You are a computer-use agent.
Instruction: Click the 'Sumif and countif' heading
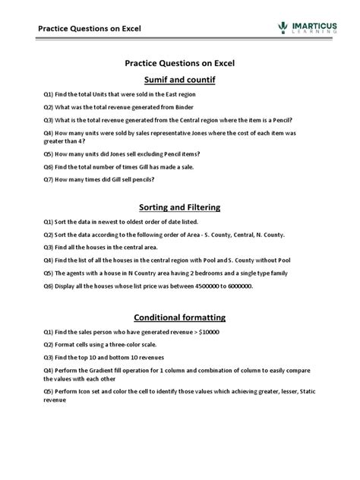click(179, 79)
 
